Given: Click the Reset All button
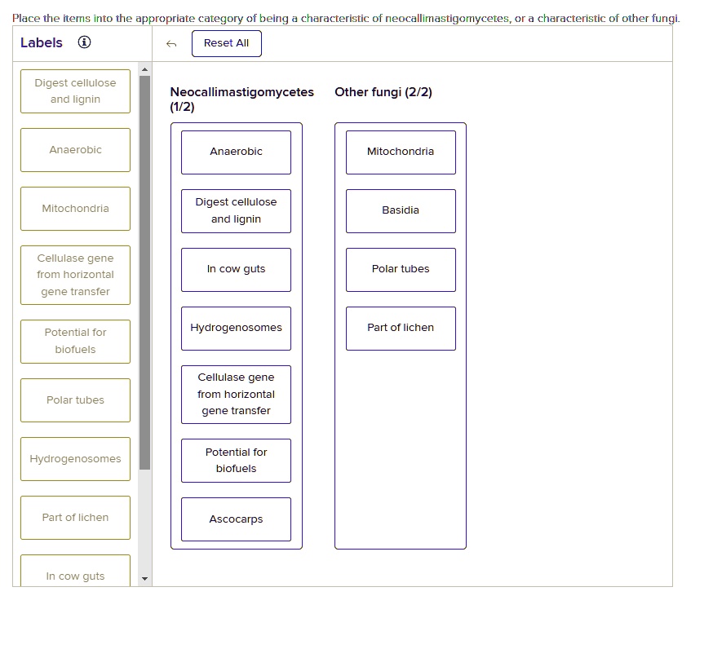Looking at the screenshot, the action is click(x=227, y=44).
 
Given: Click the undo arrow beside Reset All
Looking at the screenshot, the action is click(x=171, y=44).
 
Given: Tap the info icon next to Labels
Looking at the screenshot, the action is click(x=84, y=42).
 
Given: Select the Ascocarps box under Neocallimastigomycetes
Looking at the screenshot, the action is click(x=236, y=519).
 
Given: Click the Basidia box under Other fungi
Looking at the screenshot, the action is click(x=401, y=211).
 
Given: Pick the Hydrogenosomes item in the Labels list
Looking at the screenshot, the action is click(x=76, y=458).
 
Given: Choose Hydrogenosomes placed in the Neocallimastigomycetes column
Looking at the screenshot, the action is click(x=236, y=328).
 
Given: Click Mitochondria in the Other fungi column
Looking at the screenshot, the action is click(x=401, y=152).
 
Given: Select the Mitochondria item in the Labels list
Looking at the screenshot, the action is click(x=76, y=209).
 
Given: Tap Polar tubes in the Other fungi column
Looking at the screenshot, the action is click(x=401, y=270).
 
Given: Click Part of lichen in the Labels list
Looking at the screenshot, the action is click(x=76, y=518).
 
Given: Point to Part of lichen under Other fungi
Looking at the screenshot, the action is click(x=401, y=328).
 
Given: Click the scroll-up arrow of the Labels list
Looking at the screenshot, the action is click(x=144, y=69).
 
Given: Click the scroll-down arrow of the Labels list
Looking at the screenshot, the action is click(x=144, y=579).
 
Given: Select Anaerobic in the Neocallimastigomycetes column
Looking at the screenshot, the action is click(x=236, y=152).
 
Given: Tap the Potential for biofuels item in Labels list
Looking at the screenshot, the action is click(x=76, y=342).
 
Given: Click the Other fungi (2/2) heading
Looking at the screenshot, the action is click(x=383, y=92).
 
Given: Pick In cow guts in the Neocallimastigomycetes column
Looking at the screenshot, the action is click(x=236, y=270).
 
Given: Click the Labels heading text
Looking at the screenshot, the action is click(x=42, y=42).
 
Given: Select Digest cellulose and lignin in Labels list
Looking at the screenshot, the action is click(x=76, y=91).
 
